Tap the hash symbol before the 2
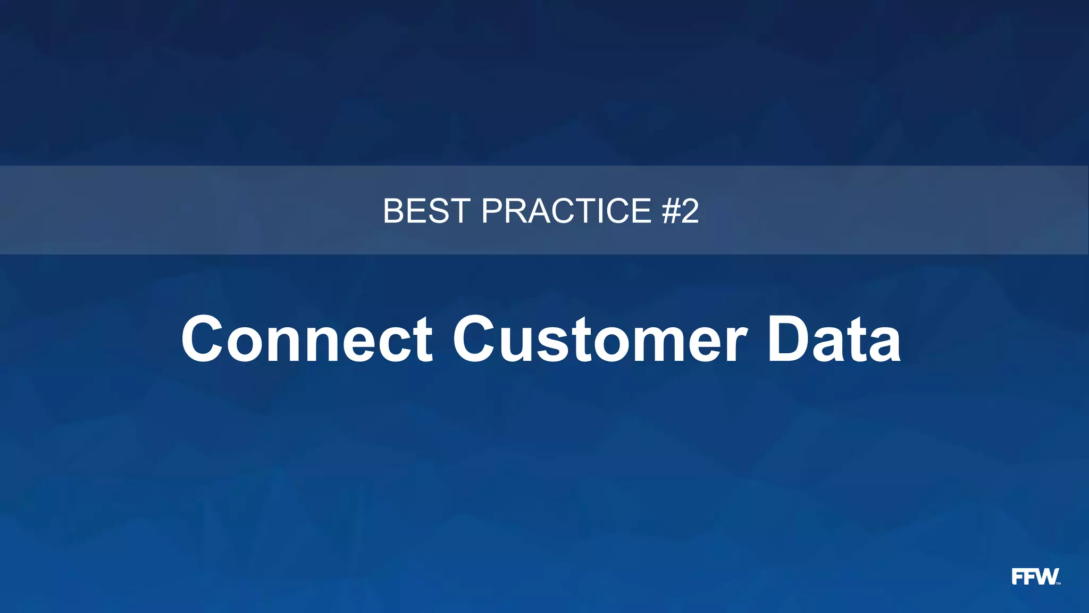click(x=671, y=211)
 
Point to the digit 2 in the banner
click(x=690, y=211)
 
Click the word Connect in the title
click(x=307, y=339)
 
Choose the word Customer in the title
click(x=600, y=339)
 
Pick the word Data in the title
click(x=834, y=339)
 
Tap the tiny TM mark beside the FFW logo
click(x=1058, y=583)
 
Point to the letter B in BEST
click(x=395, y=211)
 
